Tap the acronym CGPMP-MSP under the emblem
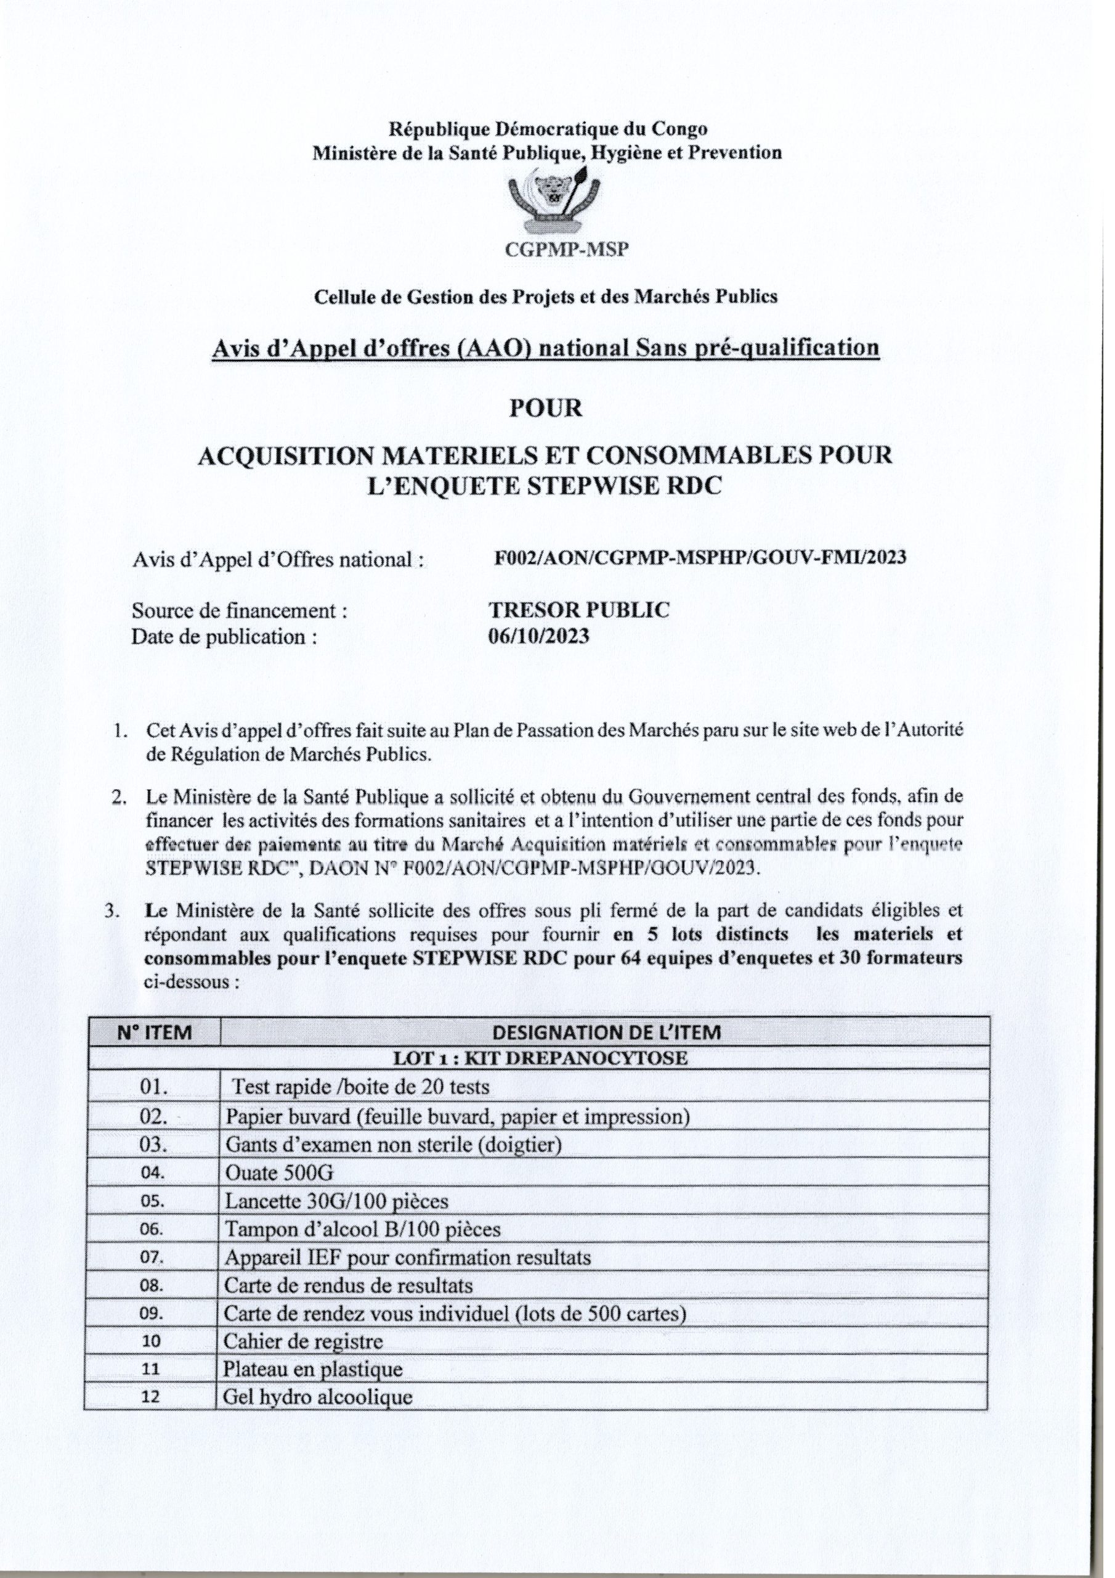554,251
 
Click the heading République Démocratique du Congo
548,129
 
